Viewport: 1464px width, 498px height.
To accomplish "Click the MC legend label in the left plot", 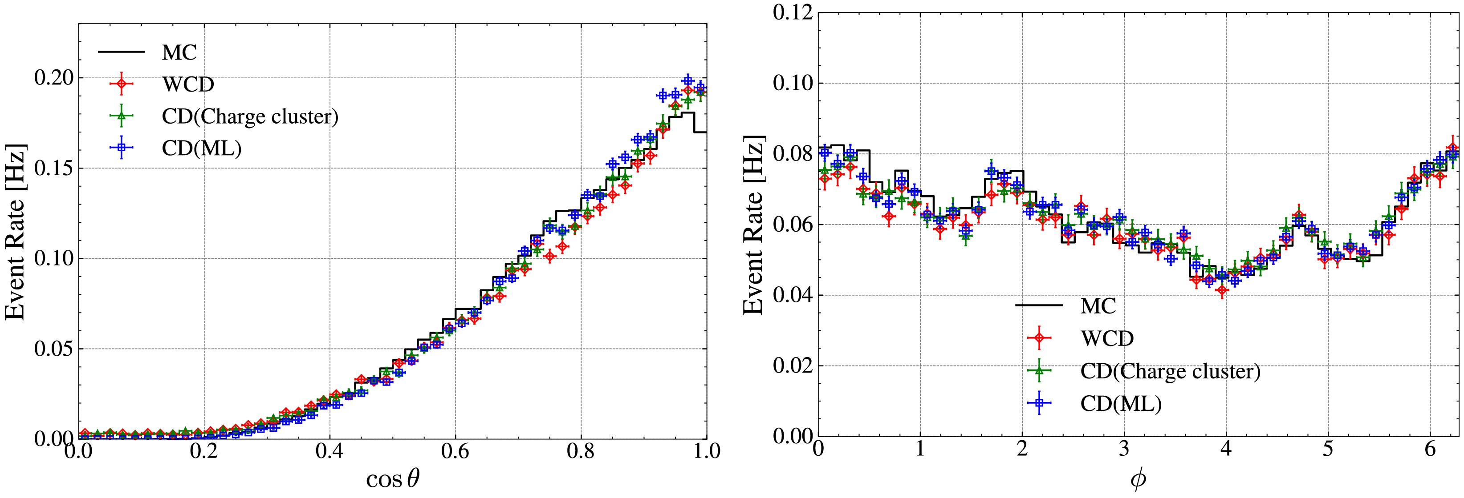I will (179, 53).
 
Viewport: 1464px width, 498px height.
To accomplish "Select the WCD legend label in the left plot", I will (188, 84).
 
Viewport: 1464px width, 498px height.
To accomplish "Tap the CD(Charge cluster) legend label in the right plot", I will (1170, 371).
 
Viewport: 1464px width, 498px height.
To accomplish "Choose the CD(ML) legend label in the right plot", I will (1121, 403).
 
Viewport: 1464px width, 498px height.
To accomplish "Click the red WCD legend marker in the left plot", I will (121, 84).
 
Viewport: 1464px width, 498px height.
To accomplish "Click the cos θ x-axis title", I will (392, 479).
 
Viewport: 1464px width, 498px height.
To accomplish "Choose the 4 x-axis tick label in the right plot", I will (1226, 449).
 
